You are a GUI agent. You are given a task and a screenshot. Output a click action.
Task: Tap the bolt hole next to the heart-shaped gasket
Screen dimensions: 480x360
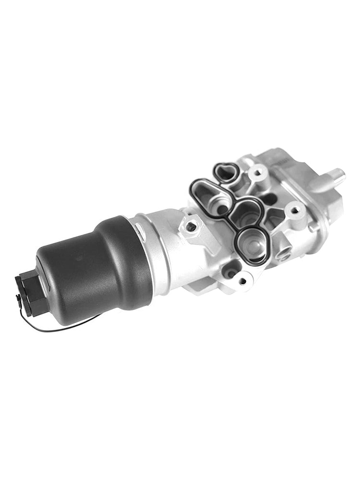[x=258, y=172]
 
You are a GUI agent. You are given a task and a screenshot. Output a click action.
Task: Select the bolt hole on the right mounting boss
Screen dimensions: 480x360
[x=294, y=210]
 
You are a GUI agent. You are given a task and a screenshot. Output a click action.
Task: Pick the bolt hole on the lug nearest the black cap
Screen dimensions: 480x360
[x=191, y=226]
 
